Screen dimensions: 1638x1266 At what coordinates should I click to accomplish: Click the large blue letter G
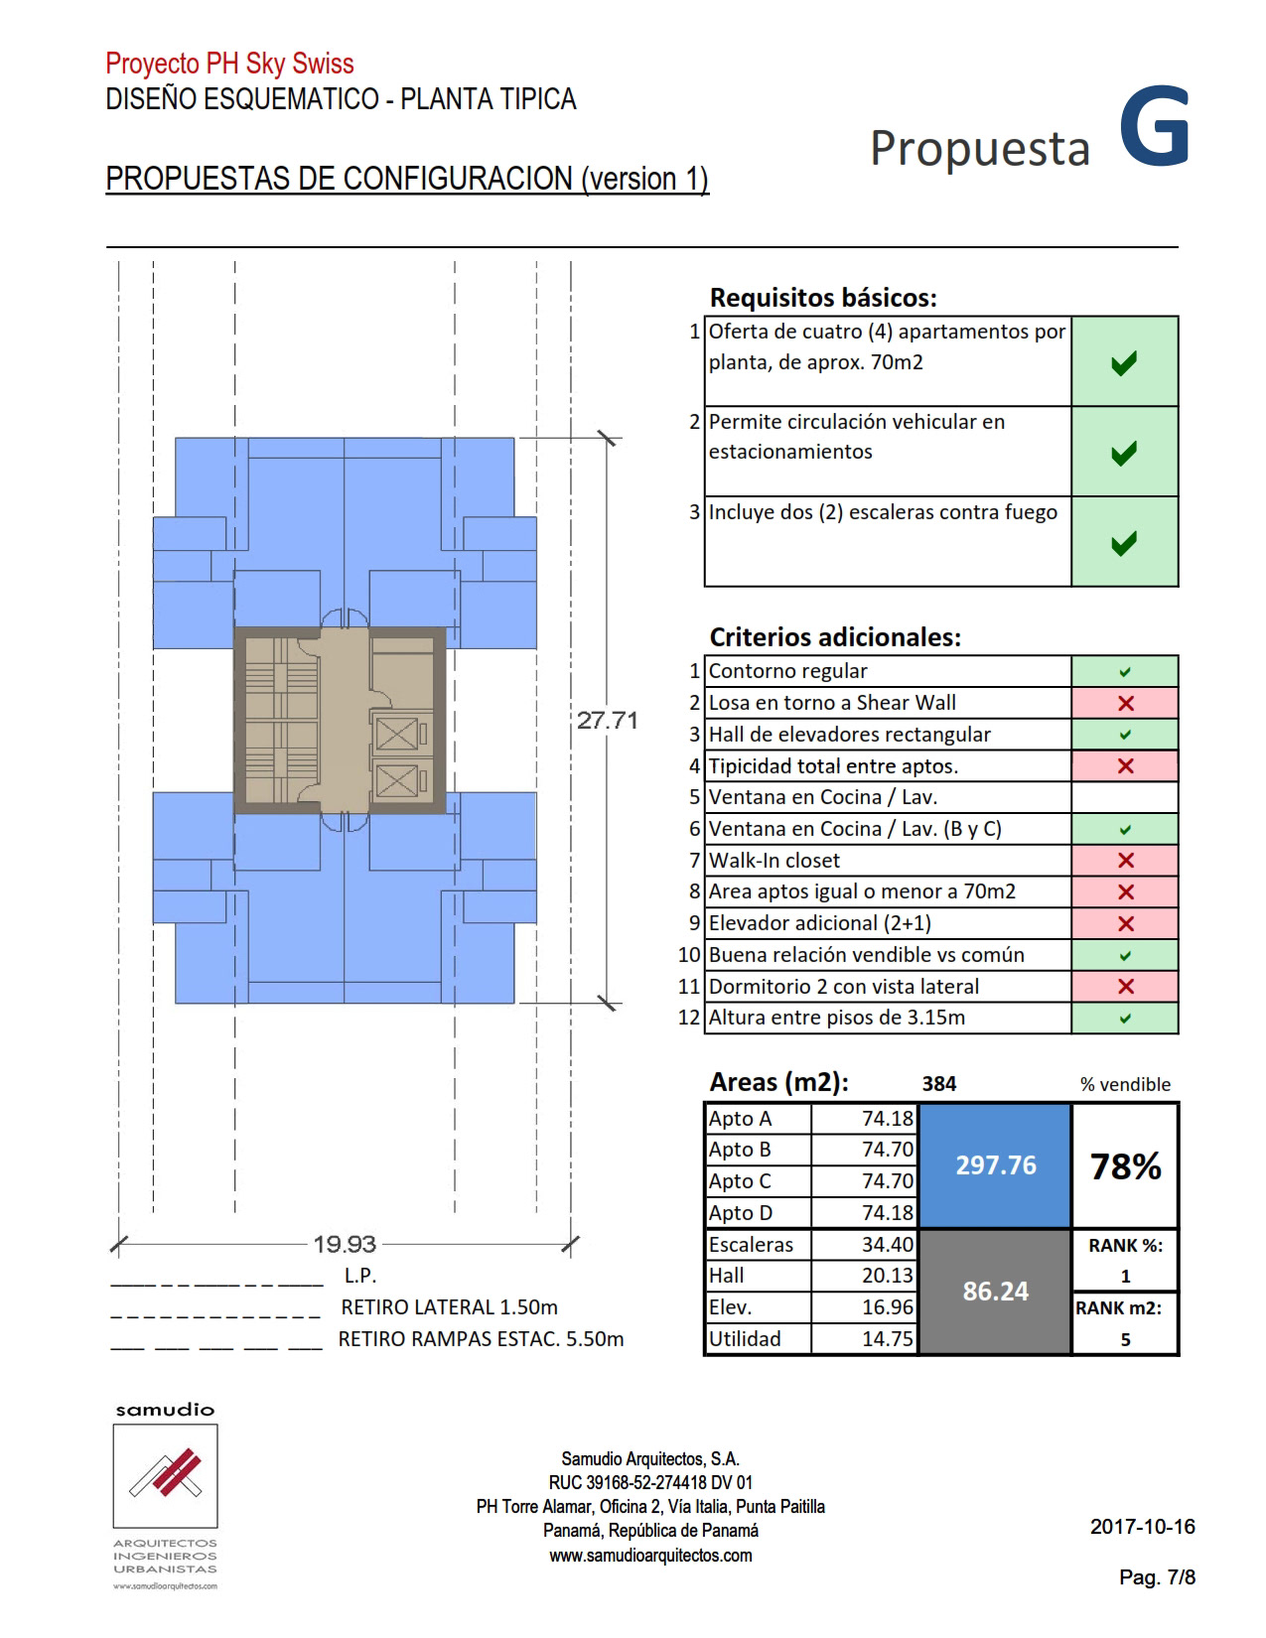pyautogui.click(x=1154, y=128)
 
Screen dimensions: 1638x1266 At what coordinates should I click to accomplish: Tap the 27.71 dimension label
pyautogui.click(x=607, y=721)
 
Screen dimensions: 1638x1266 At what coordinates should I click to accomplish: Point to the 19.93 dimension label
pyautogui.click(x=345, y=1243)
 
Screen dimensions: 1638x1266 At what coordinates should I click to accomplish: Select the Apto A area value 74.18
pyautogui.click(x=887, y=1119)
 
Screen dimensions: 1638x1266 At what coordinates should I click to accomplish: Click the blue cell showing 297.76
pyautogui.click(x=995, y=1165)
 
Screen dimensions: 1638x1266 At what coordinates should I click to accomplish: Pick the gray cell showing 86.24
pyautogui.click(x=995, y=1291)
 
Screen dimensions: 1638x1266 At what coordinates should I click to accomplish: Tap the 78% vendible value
pyautogui.click(x=1125, y=1166)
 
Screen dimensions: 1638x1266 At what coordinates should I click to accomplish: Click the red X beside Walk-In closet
pyautogui.click(x=1125, y=861)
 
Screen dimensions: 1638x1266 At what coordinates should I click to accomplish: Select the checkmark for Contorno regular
pyautogui.click(x=1125, y=672)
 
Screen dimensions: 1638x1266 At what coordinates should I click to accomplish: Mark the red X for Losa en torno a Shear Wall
pyautogui.click(x=1125, y=704)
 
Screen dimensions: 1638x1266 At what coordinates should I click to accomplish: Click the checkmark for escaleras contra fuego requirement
pyautogui.click(x=1124, y=543)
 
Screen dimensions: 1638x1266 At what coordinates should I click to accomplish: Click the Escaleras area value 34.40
pyautogui.click(x=887, y=1244)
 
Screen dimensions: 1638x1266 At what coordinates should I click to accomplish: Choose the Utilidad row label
pyautogui.click(x=745, y=1338)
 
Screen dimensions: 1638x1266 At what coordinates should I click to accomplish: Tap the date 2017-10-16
pyautogui.click(x=1142, y=1527)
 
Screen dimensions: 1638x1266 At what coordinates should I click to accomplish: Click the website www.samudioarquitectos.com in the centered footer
pyautogui.click(x=650, y=1556)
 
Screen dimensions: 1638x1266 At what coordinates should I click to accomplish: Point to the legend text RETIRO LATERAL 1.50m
pyautogui.click(x=449, y=1307)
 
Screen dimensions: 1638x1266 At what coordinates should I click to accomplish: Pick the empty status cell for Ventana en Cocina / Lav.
pyautogui.click(x=1125, y=797)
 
